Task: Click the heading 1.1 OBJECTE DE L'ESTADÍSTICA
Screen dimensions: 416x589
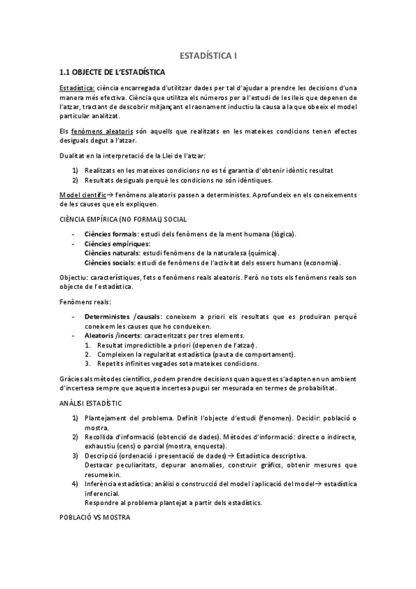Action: [x=112, y=72]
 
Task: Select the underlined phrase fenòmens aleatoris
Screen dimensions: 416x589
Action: [x=97, y=131]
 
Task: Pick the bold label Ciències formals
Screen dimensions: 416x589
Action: [x=110, y=233]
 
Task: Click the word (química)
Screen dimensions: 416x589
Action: [x=268, y=254]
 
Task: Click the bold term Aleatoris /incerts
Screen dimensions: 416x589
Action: [x=113, y=335]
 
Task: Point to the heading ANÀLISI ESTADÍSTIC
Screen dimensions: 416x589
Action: [x=90, y=403]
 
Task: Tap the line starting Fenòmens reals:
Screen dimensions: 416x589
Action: [x=81, y=302]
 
